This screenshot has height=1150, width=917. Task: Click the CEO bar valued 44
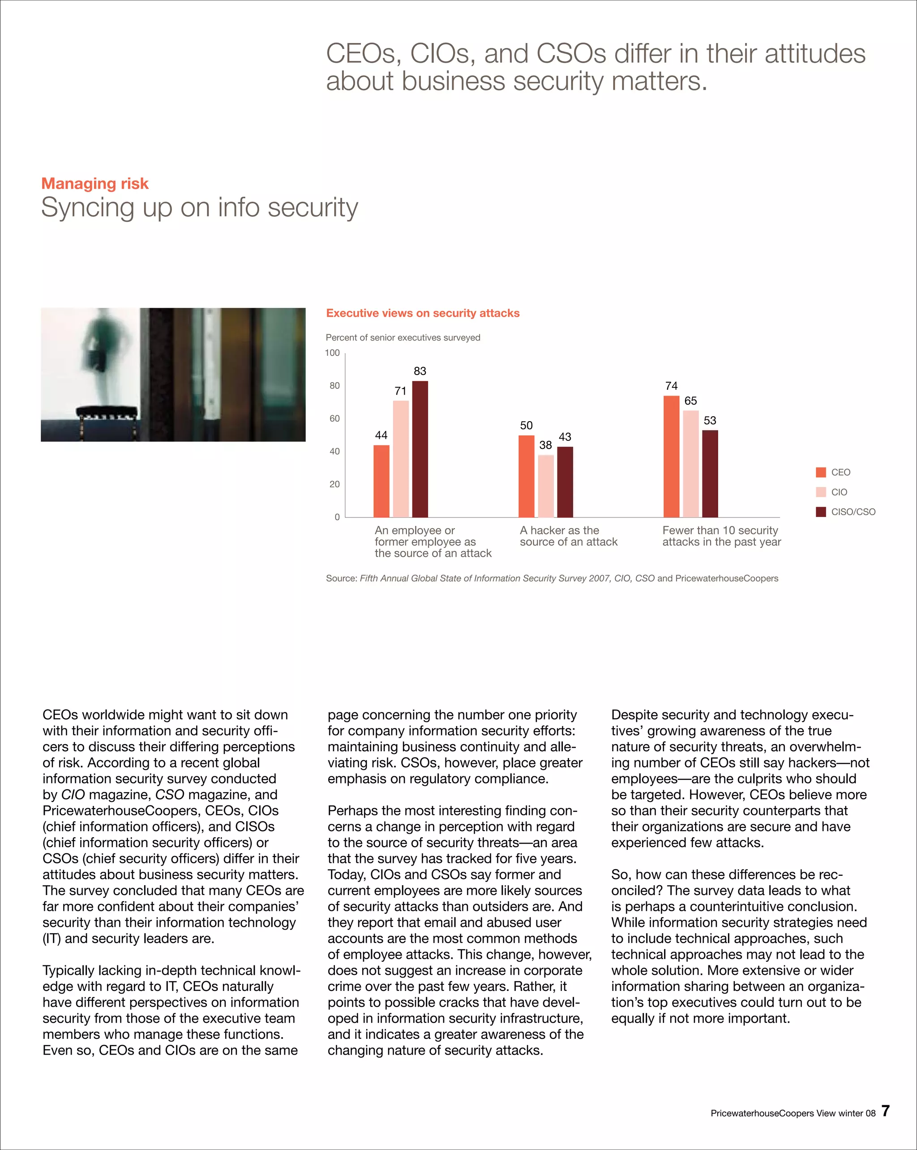381,481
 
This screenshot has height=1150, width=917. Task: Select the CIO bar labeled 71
400,459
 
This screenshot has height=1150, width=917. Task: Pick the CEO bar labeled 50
526,476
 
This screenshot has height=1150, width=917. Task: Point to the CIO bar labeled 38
545,486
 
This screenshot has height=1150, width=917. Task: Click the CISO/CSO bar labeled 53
710,473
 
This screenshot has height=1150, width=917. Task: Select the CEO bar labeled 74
671,456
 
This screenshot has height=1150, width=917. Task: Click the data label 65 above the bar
690,401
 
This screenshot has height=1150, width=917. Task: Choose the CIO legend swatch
820,492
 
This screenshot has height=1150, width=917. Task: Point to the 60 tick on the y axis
334,419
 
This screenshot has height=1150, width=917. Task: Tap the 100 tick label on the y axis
332,353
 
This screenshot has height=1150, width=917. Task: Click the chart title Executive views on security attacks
422,313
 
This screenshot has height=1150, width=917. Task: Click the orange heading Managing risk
95,184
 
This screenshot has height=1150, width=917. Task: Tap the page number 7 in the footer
885,1111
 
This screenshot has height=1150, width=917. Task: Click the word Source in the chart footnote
340,578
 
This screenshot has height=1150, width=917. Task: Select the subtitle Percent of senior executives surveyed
403,338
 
